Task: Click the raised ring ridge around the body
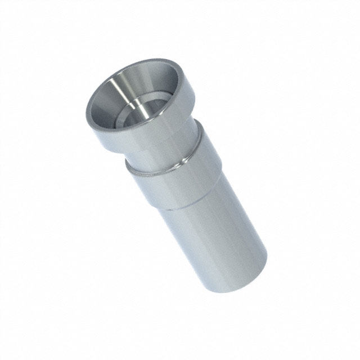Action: click(x=163, y=165)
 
